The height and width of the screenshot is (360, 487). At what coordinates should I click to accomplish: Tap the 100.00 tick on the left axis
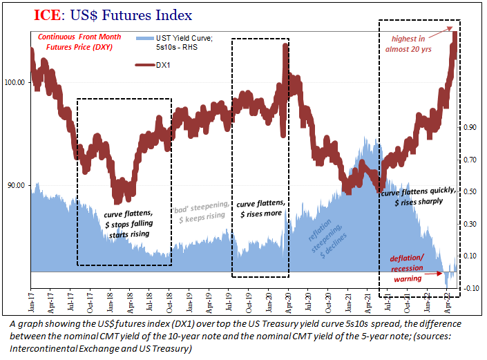pos(15,83)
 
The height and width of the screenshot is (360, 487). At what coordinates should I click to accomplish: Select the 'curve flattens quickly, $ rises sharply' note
pos(418,198)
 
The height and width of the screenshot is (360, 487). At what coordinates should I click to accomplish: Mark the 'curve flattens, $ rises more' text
pos(260,209)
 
